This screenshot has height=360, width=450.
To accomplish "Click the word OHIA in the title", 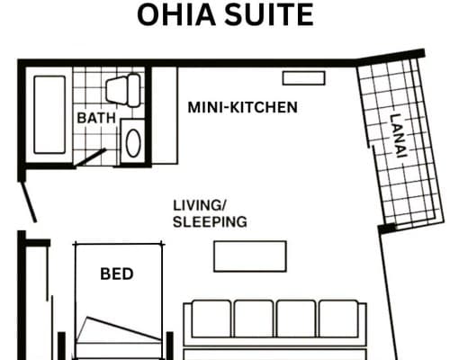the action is [x=176, y=14].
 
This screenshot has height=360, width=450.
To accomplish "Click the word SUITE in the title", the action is [x=269, y=14].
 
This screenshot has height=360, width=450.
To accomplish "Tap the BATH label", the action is [x=96, y=118].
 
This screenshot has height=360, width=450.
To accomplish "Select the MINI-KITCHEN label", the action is [x=242, y=107].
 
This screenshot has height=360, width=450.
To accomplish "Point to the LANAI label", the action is [x=399, y=135].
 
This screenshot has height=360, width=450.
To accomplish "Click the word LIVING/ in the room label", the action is [x=200, y=205].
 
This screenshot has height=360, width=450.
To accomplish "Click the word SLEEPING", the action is [x=210, y=222].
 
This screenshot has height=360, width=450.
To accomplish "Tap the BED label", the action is [x=117, y=274].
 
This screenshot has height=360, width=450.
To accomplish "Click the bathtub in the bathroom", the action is [x=49, y=115].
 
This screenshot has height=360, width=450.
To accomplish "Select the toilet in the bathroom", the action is [x=123, y=90].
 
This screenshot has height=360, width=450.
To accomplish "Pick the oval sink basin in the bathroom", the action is [x=133, y=143].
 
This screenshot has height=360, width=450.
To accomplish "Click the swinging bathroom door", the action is [x=90, y=157].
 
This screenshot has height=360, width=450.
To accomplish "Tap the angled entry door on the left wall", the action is [x=29, y=202].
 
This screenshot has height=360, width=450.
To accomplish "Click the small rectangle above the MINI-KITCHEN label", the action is [x=303, y=78].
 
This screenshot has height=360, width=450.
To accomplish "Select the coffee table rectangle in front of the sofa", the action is [x=250, y=256].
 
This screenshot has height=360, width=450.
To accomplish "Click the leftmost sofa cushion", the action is [x=211, y=319].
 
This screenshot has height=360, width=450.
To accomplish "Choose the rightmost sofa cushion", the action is [x=339, y=319].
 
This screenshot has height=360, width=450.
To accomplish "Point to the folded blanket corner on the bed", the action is [x=119, y=329].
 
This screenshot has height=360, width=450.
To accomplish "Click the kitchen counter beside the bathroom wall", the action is [x=165, y=115].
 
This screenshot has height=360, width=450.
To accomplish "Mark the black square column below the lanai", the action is [x=387, y=229].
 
